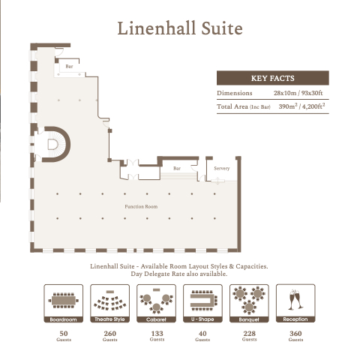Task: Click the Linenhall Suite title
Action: (x=180, y=28)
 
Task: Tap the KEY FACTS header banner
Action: (x=273, y=78)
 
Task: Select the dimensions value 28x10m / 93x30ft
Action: (x=298, y=93)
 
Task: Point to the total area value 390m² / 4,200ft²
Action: (x=301, y=106)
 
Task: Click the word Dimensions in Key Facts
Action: (x=235, y=93)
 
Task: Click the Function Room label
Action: (x=141, y=206)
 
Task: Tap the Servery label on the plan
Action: (x=222, y=168)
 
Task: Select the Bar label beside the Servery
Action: (x=177, y=168)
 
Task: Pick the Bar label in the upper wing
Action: (x=69, y=66)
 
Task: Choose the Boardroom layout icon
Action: (x=64, y=303)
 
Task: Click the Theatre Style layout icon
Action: (x=110, y=303)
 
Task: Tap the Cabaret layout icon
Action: (x=157, y=303)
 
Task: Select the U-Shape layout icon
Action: (x=202, y=303)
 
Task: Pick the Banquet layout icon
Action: (x=249, y=303)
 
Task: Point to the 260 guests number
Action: (x=110, y=333)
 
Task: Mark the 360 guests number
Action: (x=295, y=333)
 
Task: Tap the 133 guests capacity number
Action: (x=157, y=333)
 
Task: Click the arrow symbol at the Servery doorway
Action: (x=217, y=181)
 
